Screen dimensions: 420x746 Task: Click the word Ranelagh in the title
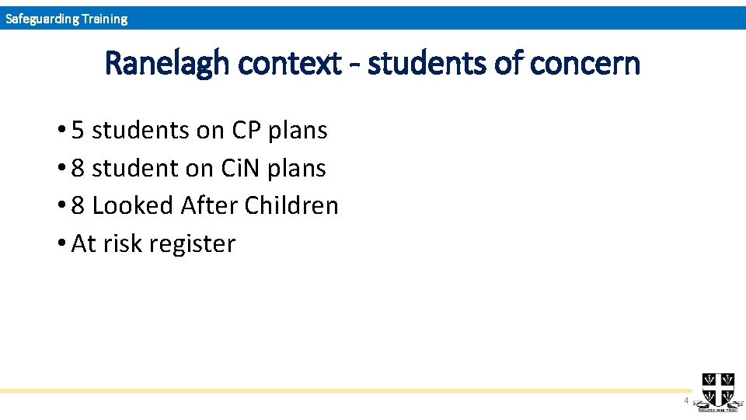(167, 64)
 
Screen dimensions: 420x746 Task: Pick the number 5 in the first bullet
(78, 131)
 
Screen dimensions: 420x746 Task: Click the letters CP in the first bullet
(246, 131)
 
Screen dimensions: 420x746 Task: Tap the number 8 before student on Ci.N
(78, 168)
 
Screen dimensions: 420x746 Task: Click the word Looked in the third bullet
(133, 206)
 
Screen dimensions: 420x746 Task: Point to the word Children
(291, 206)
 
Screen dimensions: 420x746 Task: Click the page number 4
(685, 401)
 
